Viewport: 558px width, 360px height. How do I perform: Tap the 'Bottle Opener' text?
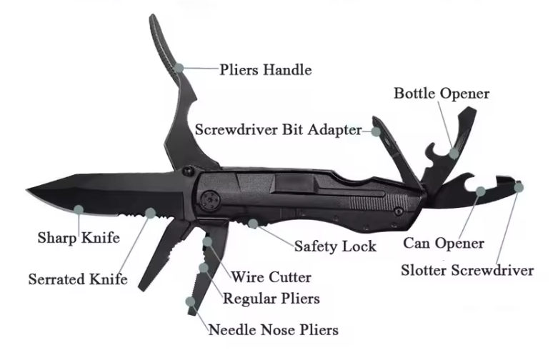442,94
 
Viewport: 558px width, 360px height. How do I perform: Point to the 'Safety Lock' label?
334,246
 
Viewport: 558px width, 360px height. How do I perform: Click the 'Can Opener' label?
443,243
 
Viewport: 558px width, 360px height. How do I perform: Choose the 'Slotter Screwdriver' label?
467,270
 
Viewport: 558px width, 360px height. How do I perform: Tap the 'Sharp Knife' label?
79,236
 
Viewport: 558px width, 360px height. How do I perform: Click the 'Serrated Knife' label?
78,279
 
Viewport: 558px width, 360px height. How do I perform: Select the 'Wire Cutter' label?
270,276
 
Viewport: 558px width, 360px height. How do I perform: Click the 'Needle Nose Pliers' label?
273,329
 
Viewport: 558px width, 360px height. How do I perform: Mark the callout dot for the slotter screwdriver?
519,187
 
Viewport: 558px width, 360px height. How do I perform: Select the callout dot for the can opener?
482,191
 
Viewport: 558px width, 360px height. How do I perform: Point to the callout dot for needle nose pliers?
191,301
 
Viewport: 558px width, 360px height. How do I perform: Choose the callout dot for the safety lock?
254,223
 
